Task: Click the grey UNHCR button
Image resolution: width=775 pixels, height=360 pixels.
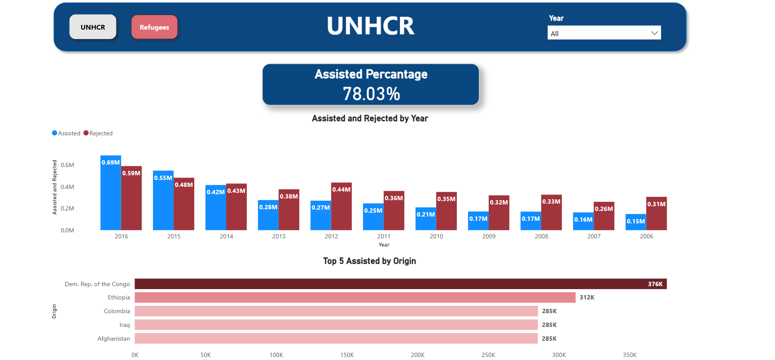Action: [x=93, y=27]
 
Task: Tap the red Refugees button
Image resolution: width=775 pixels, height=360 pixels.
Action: [x=154, y=27]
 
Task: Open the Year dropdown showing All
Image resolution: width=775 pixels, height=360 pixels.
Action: [x=604, y=33]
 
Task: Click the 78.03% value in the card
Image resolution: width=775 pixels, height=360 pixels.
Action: [x=371, y=94]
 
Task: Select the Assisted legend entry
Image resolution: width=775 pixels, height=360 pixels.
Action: [x=66, y=133]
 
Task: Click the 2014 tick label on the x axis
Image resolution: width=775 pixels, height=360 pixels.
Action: [x=226, y=236]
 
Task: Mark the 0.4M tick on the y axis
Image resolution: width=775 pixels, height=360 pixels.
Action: [x=67, y=187]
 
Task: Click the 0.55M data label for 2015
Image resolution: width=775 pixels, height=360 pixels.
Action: [x=163, y=178]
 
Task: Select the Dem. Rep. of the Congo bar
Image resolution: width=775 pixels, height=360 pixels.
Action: [x=400, y=284]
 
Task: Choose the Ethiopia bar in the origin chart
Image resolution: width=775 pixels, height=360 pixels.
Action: [x=355, y=297]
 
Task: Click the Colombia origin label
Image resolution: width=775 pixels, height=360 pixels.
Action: [x=116, y=311]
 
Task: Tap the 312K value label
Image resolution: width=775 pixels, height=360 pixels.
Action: [x=587, y=297]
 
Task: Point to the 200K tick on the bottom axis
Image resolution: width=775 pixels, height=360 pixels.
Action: [x=417, y=355]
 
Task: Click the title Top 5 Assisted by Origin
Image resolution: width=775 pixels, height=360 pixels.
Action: [x=369, y=261]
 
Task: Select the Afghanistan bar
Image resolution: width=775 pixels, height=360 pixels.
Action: [x=336, y=339]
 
